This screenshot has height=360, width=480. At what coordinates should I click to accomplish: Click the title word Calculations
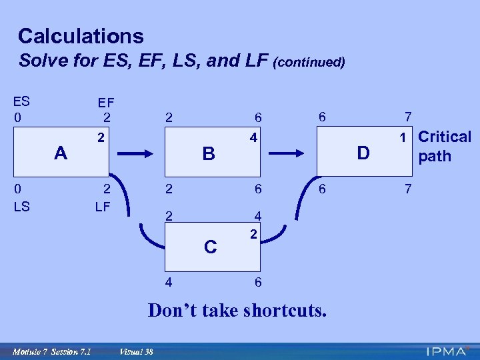coord(81,36)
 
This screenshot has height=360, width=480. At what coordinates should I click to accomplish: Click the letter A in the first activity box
coord(61,153)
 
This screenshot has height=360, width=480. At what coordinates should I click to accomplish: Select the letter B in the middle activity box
coord(209,154)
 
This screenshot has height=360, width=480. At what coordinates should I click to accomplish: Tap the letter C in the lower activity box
coord(210,247)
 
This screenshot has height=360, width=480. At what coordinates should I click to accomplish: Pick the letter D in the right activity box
coord(363,154)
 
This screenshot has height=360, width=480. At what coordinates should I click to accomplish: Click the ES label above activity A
coord(21,102)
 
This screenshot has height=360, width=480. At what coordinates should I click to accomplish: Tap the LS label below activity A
coord(21,206)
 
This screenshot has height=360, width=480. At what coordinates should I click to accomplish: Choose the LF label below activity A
coord(102,206)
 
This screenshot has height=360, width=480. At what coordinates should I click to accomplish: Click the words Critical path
coord(443,147)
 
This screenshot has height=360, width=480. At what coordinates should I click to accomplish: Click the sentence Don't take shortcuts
coord(237,310)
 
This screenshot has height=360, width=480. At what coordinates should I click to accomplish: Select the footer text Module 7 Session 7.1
coord(52,351)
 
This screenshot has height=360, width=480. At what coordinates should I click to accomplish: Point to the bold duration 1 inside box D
coord(403,138)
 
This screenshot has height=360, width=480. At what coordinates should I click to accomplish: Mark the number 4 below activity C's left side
coord(169,282)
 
